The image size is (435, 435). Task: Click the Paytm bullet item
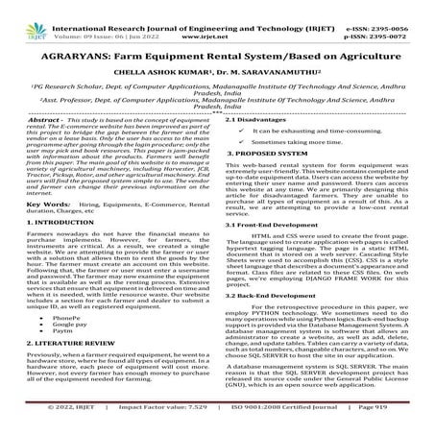60,363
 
